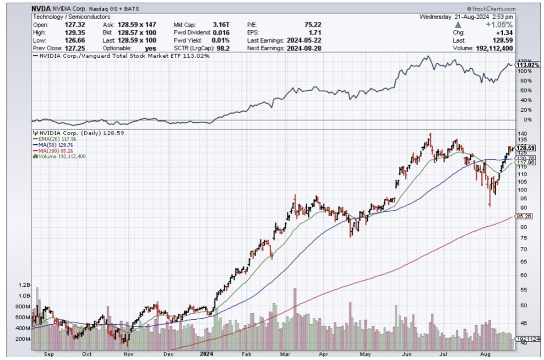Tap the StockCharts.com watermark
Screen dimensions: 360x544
click(491, 9)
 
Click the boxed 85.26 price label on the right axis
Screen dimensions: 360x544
click(522, 216)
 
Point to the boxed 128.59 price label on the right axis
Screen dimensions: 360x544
click(522, 148)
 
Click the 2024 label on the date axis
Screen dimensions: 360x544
click(205, 354)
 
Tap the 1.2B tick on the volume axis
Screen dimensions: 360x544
click(23, 285)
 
